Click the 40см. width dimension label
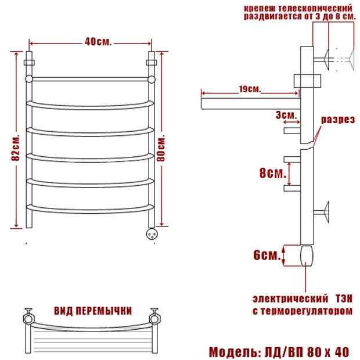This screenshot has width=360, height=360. coord(98,42)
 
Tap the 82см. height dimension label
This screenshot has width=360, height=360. coord(15,147)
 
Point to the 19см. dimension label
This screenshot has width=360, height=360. coord(250,89)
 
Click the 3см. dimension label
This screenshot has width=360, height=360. coord(286,114)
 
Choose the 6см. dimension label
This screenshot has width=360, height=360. coord(267,255)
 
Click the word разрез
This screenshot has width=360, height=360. coord(338,120)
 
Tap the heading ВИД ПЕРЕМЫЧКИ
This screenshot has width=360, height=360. coord(93,311)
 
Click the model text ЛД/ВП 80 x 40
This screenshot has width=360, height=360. coord(307,352)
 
